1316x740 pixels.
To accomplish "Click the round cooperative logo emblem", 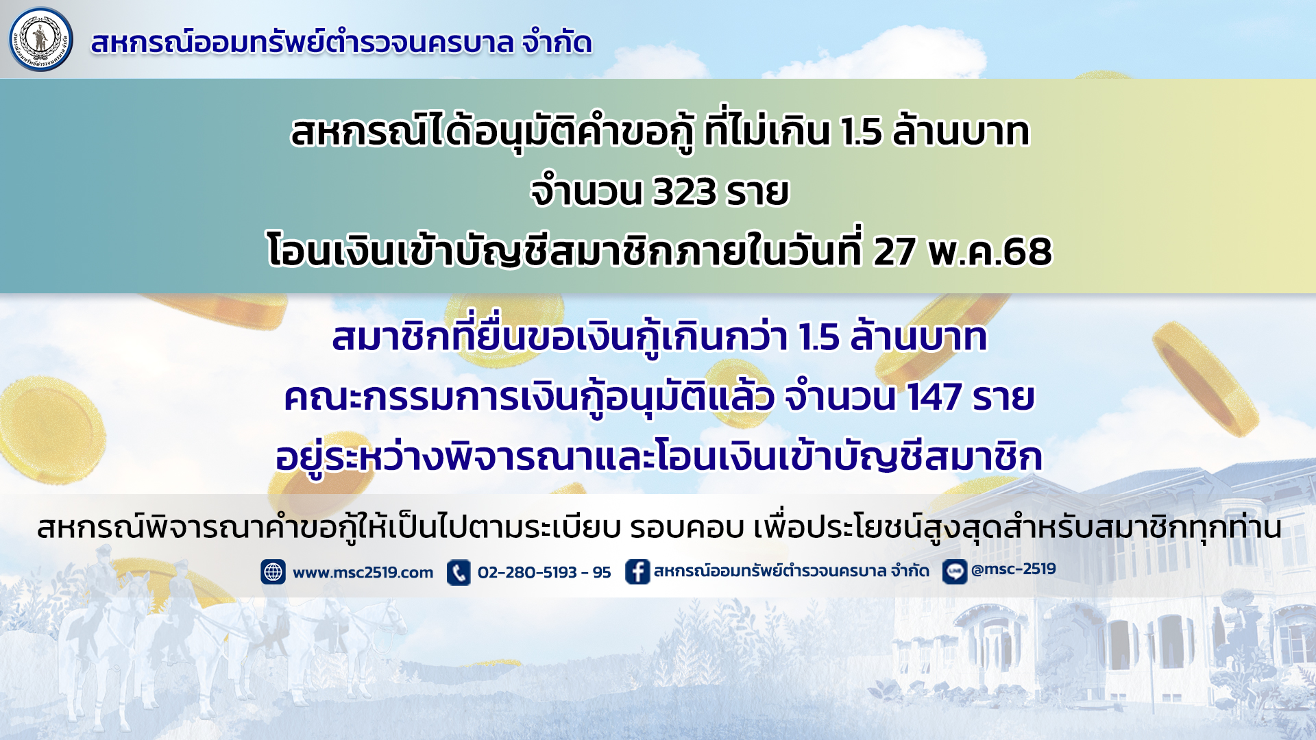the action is coord(41,40).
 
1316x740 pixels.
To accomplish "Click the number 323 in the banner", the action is coord(685,191).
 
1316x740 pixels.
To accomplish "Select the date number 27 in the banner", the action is coord(894,251).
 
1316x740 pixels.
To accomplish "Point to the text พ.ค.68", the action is coord(990,251).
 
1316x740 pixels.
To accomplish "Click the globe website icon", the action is coord(273,571).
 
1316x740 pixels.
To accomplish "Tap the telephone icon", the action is coord(459,572).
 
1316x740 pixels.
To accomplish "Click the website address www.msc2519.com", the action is coord(363,573).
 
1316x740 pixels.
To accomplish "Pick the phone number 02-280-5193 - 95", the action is coord(544,573).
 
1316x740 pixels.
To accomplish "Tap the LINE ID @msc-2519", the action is coord(1014,569).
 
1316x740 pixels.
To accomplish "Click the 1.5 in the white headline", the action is coord(861,132).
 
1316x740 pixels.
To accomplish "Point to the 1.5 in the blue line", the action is coord(819,337).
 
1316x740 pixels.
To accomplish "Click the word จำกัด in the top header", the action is coord(557,42).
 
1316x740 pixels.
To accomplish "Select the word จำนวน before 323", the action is coord(586,191).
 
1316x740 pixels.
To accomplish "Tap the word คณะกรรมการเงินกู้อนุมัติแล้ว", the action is coord(529,397).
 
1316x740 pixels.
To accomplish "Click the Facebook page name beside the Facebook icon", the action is coord(792,571).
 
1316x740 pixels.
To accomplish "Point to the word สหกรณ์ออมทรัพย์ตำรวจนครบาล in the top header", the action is coord(302,42).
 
